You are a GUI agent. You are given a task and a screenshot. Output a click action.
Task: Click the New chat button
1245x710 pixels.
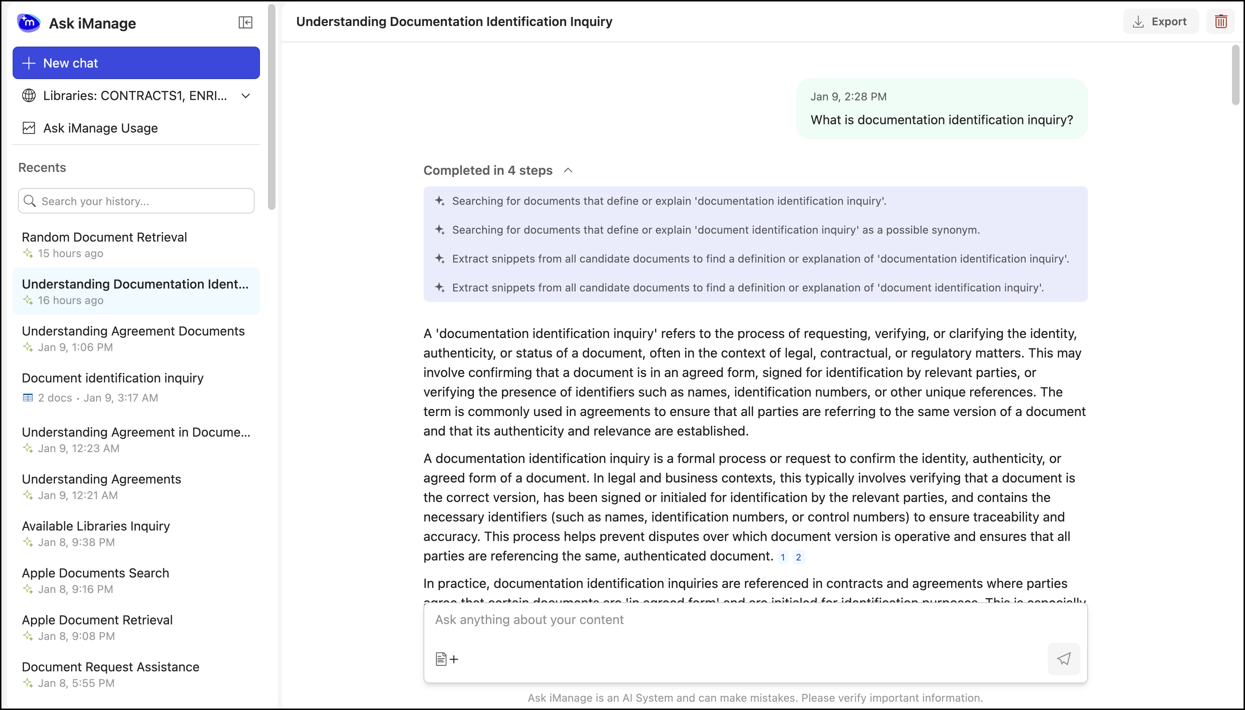tap(136, 63)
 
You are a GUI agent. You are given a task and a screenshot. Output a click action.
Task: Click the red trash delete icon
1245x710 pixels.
tap(1220, 21)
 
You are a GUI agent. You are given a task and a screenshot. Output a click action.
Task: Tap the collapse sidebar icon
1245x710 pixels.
tap(245, 22)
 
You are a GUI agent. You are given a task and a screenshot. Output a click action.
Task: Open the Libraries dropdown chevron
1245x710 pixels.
tap(246, 96)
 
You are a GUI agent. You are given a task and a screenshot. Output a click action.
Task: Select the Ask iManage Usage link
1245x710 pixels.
tap(100, 128)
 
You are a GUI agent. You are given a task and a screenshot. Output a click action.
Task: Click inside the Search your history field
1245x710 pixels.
tap(142, 201)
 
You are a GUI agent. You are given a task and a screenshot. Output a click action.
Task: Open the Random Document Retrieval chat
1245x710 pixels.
tap(104, 238)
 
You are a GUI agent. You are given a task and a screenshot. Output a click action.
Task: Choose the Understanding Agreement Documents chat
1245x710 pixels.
tap(133, 332)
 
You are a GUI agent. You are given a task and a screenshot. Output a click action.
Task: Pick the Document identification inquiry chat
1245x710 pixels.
tap(113, 378)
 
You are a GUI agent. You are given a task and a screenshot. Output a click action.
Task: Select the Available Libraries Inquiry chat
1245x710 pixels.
tap(96, 526)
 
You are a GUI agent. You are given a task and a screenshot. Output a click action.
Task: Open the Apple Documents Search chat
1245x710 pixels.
tap(96, 573)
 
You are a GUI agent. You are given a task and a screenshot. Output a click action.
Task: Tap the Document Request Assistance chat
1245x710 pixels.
tap(110, 667)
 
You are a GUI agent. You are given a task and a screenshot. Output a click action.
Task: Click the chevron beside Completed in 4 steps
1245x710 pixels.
tap(568, 170)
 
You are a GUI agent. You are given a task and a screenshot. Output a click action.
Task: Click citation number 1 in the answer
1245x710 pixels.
tap(783, 557)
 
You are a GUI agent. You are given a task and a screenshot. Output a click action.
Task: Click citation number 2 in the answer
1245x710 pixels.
tap(798, 557)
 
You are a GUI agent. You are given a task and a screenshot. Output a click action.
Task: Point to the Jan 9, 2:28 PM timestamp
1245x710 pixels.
tap(848, 96)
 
